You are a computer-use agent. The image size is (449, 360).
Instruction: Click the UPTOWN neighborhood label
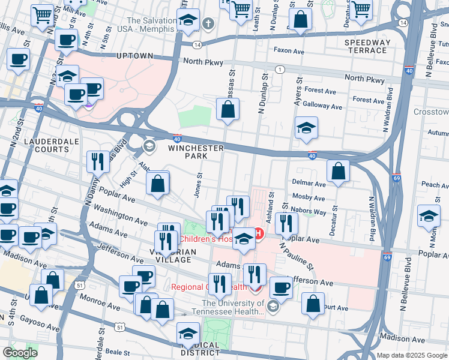tap(134, 56)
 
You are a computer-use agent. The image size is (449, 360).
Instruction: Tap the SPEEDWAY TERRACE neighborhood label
tap(367, 46)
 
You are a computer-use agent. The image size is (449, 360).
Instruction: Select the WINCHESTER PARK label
tap(196, 152)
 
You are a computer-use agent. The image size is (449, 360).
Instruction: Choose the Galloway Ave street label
tap(322, 107)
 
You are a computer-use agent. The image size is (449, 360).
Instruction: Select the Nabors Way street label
tap(310, 212)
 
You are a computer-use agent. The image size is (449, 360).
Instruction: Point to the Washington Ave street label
tap(120, 217)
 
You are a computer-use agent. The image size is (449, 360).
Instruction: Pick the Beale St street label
tap(118, 352)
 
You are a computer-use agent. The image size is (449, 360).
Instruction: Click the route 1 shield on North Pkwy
tap(280, 70)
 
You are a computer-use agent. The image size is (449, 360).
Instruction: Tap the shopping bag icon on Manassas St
tap(228, 110)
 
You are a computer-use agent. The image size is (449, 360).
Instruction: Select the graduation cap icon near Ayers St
tap(306, 128)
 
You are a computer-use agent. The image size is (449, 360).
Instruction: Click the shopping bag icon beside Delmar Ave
tap(339, 171)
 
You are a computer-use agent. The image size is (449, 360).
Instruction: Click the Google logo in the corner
tap(20, 353)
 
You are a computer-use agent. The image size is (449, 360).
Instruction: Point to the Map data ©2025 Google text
tap(411, 355)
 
